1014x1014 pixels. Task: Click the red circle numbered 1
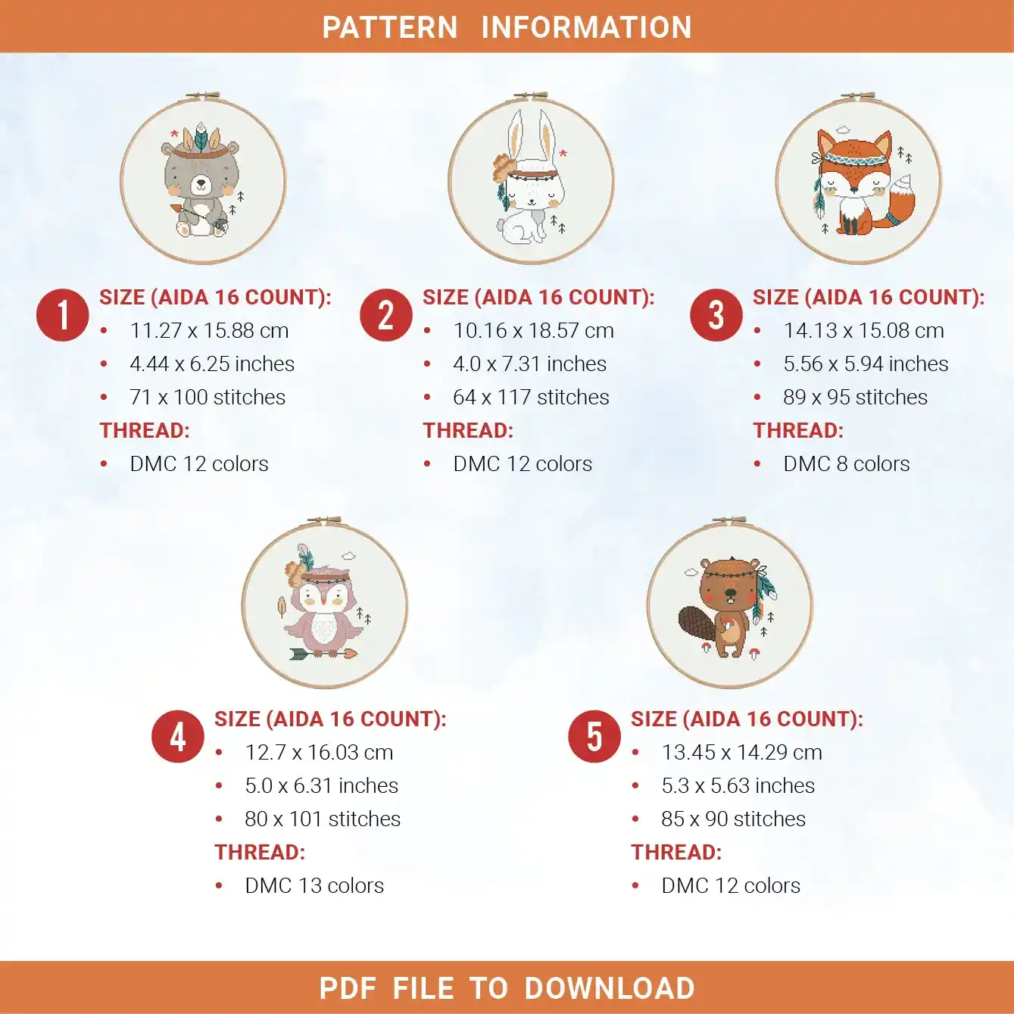click(62, 315)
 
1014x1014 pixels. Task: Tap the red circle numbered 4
click(177, 736)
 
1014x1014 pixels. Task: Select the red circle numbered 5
click(594, 736)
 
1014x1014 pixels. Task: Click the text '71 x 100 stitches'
click(207, 398)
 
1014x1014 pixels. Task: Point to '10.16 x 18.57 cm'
click(533, 330)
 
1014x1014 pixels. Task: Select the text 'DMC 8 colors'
click(846, 463)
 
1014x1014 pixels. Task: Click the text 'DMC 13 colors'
click(314, 885)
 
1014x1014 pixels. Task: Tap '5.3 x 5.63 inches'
click(738, 785)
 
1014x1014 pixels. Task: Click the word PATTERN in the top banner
click(390, 27)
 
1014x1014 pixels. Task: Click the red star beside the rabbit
click(563, 153)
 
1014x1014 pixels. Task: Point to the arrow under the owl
click(323, 654)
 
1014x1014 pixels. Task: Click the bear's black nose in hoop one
click(201, 183)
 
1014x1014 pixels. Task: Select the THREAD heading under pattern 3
click(797, 430)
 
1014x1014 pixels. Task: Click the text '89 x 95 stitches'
click(855, 398)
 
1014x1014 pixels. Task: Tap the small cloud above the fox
click(842, 129)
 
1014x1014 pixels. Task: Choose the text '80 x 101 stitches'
click(323, 819)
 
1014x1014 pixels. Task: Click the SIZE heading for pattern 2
click(539, 298)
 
